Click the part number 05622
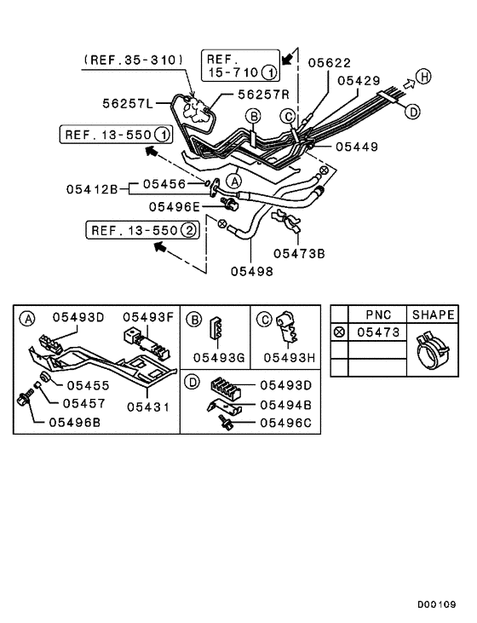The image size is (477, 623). coord(329,62)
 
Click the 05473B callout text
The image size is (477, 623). coord(299,252)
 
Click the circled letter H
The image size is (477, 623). coord(423,77)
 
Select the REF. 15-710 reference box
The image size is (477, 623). coord(238,65)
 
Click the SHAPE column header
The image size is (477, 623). coord(434,314)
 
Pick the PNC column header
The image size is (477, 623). coord(377,314)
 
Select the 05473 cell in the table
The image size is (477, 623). coord(377,332)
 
